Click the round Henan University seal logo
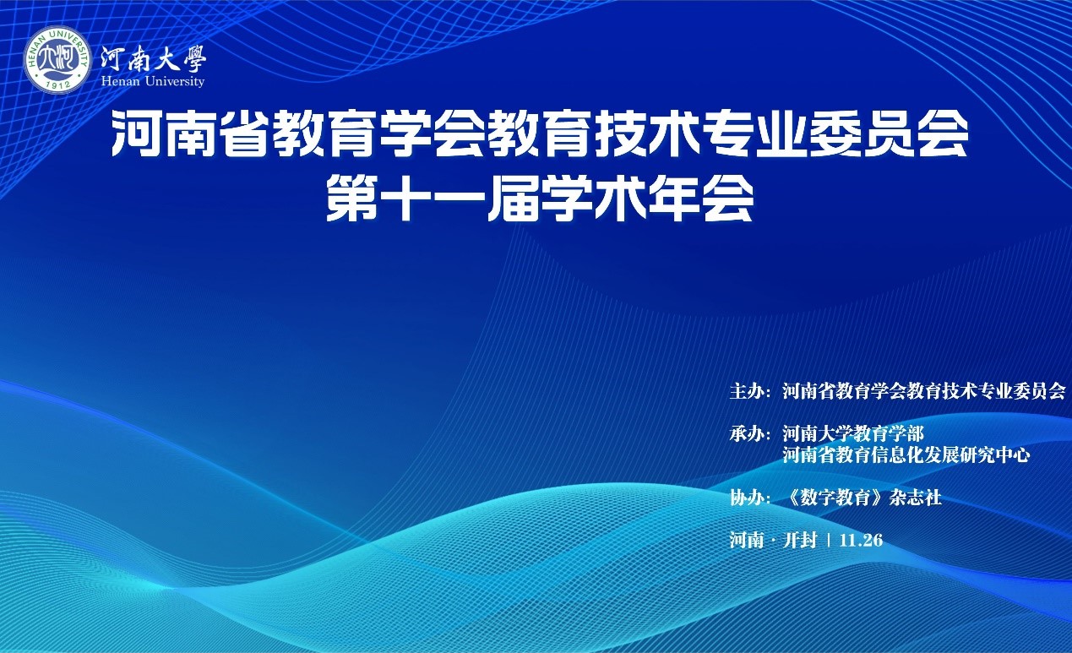[x=57, y=60]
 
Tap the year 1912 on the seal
[x=58, y=84]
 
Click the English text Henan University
[x=153, y=81]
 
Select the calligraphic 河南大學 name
[x=153, y=58]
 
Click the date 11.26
[x=861, y=540]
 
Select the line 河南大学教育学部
[x=853, y=433]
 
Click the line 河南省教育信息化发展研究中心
[x=906, y=454]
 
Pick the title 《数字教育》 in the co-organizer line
[x=836, y=498]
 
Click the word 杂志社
[x=915, y=498]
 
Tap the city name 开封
[x=800, y=540]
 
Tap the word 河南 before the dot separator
[x=747, y=540]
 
